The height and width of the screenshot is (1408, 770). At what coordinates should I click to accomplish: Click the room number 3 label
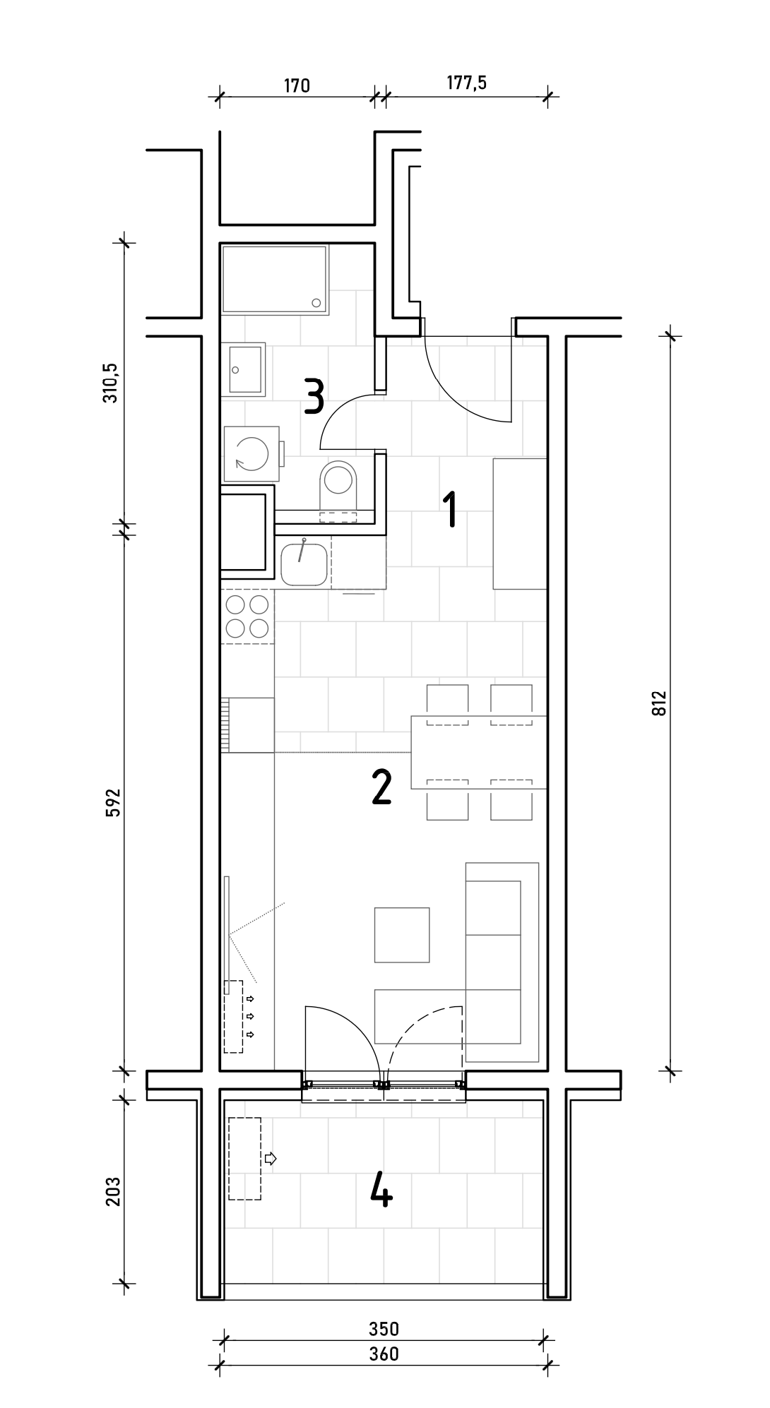(x=314, y=396)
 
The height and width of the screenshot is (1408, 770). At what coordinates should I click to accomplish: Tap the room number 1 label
(x=449, y=511)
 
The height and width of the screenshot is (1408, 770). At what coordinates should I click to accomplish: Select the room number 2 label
(x=381, y=787)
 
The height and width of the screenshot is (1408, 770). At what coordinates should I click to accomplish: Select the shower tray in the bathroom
(x=276, y=279)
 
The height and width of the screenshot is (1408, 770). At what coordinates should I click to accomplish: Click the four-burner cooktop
(x=247, y=616)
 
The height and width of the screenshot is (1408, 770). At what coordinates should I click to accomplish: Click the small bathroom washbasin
(x=244, y=369)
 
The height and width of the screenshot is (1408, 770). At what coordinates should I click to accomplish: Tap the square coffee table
(x=402, y=935)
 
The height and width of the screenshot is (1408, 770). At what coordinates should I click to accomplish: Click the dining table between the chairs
(x=479, y=752)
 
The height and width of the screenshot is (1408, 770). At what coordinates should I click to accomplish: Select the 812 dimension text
(x=660, y=703)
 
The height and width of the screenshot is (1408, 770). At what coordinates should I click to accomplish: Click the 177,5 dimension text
(x=467, y=83)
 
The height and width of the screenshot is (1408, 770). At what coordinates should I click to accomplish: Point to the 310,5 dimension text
(x=111, y=383)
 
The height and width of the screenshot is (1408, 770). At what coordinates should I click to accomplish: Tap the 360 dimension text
(x=384, y=1354)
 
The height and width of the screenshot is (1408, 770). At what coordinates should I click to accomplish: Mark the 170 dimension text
(x=297, y=86)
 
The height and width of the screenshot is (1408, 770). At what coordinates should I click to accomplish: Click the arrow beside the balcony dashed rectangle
(x=270, y=1158)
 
